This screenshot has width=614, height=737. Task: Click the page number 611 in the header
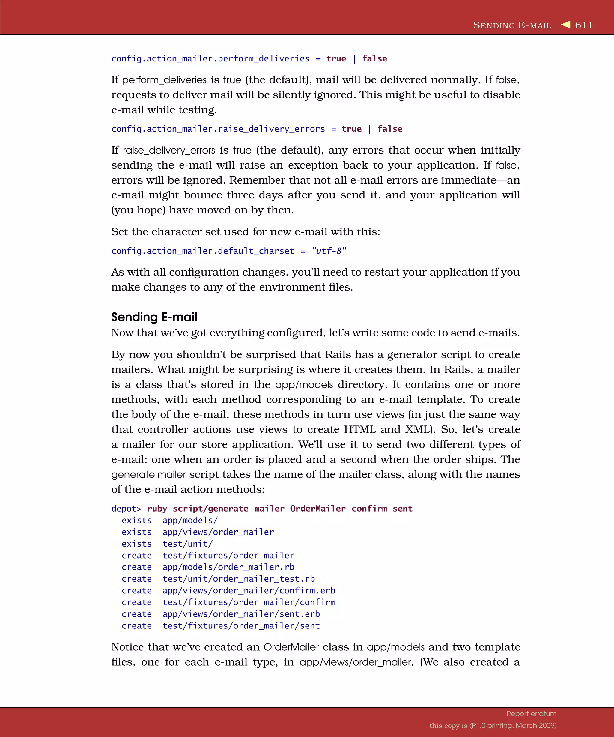coord(583,25)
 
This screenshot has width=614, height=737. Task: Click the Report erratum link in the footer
coord(531,714)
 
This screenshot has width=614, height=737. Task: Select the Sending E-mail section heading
coord(154,317)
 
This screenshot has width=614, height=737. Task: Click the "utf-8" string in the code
coord(329,251)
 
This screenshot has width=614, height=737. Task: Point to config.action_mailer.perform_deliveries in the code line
coord(210,58)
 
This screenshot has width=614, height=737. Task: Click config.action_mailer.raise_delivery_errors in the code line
coord(218,129)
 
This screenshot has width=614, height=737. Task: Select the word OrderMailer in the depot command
coord(317,509)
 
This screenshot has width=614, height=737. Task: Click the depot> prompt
coord(126,509)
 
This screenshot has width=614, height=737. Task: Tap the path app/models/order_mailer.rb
coord(228,567)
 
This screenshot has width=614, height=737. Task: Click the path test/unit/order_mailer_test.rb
coord(239,579)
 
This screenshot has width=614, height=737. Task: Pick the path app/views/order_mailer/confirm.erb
coord(249,591)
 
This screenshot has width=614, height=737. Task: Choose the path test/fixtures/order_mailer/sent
coord(241,626)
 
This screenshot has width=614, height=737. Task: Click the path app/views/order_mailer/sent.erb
coord(241,614)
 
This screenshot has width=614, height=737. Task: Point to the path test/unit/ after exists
coord(187,544)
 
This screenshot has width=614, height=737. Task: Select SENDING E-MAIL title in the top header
coord(512,25)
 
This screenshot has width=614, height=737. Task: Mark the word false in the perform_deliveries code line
coord(374,58)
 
